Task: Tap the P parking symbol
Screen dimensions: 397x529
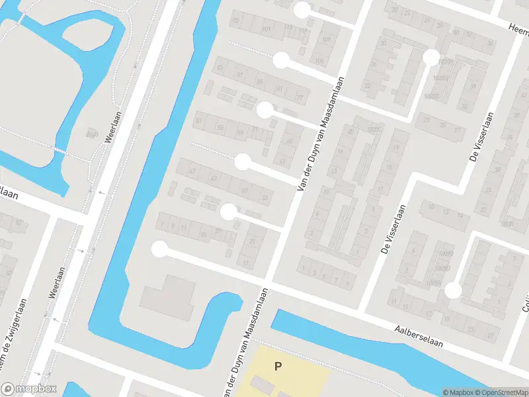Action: [x=278, y=365]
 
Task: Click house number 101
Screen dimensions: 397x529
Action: [x=267, y=30]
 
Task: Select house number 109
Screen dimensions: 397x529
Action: [x=325, y=40]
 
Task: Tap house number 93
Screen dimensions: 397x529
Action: [x=220, y=67]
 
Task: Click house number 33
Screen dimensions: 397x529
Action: [x=264, y=197]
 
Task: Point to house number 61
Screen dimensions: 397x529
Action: [x=283, y=161]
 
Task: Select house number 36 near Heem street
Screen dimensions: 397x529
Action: [x=489, y=43]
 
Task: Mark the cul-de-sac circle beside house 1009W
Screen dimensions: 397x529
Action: [x=452, y=290]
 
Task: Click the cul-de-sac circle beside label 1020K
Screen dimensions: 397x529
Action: [x=431, y=58]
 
